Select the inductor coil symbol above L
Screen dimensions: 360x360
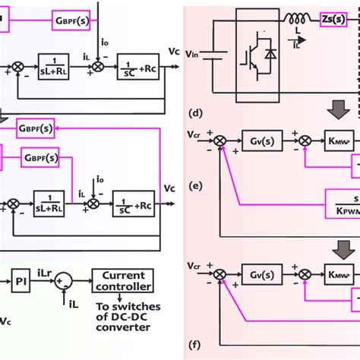point(295,17)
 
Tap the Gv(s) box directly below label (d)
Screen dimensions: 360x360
point(261,141)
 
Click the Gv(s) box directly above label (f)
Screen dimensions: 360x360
point(261,274)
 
